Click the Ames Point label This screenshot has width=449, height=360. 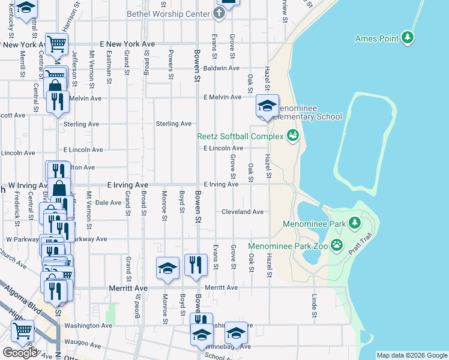coord(377,39)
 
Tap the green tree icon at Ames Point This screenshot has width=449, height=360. coord(408,38)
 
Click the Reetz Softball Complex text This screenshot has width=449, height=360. coord(240,136)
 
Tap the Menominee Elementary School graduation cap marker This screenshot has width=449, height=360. coord(267,107)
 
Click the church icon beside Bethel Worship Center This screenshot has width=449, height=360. coord(219,13)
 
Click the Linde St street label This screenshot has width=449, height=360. coord(314,305)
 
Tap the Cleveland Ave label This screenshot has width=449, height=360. coord(243,212)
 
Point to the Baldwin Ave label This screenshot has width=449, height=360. coord(221,68)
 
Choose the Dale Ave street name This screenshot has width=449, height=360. coord(108,203)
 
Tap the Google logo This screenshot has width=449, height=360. coord(20,353)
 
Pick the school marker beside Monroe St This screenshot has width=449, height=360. coord(167,269)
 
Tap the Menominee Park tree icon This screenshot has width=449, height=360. coord(354,223)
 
